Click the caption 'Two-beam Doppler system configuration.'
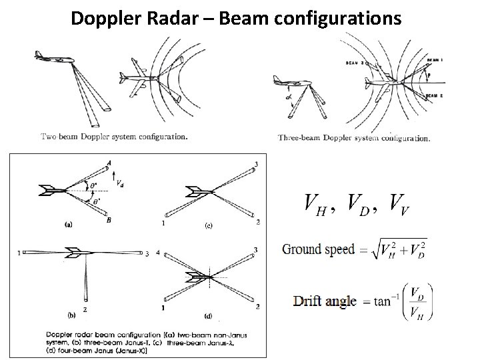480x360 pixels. (x=114, y=137)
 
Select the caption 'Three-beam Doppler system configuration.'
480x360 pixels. (x=353, y=139)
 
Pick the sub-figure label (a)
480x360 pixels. (x=67, y=225)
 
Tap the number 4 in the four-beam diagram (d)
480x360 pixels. (x=159, y=253)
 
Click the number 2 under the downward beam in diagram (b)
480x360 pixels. (x=85, y=309)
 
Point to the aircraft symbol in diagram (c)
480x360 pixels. (x=199, y=191)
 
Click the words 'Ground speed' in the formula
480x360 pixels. (x=318, y=250)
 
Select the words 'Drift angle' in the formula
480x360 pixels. (x=325, y=301)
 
